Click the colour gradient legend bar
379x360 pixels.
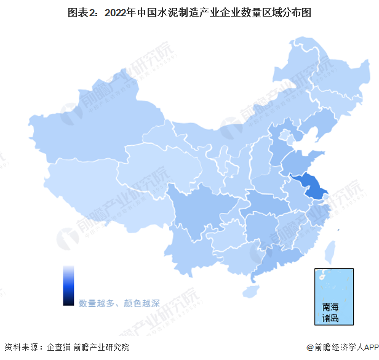tap(68, 285)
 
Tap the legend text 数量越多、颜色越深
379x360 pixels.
tap(119, 303)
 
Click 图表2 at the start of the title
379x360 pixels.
tap(79, 12)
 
